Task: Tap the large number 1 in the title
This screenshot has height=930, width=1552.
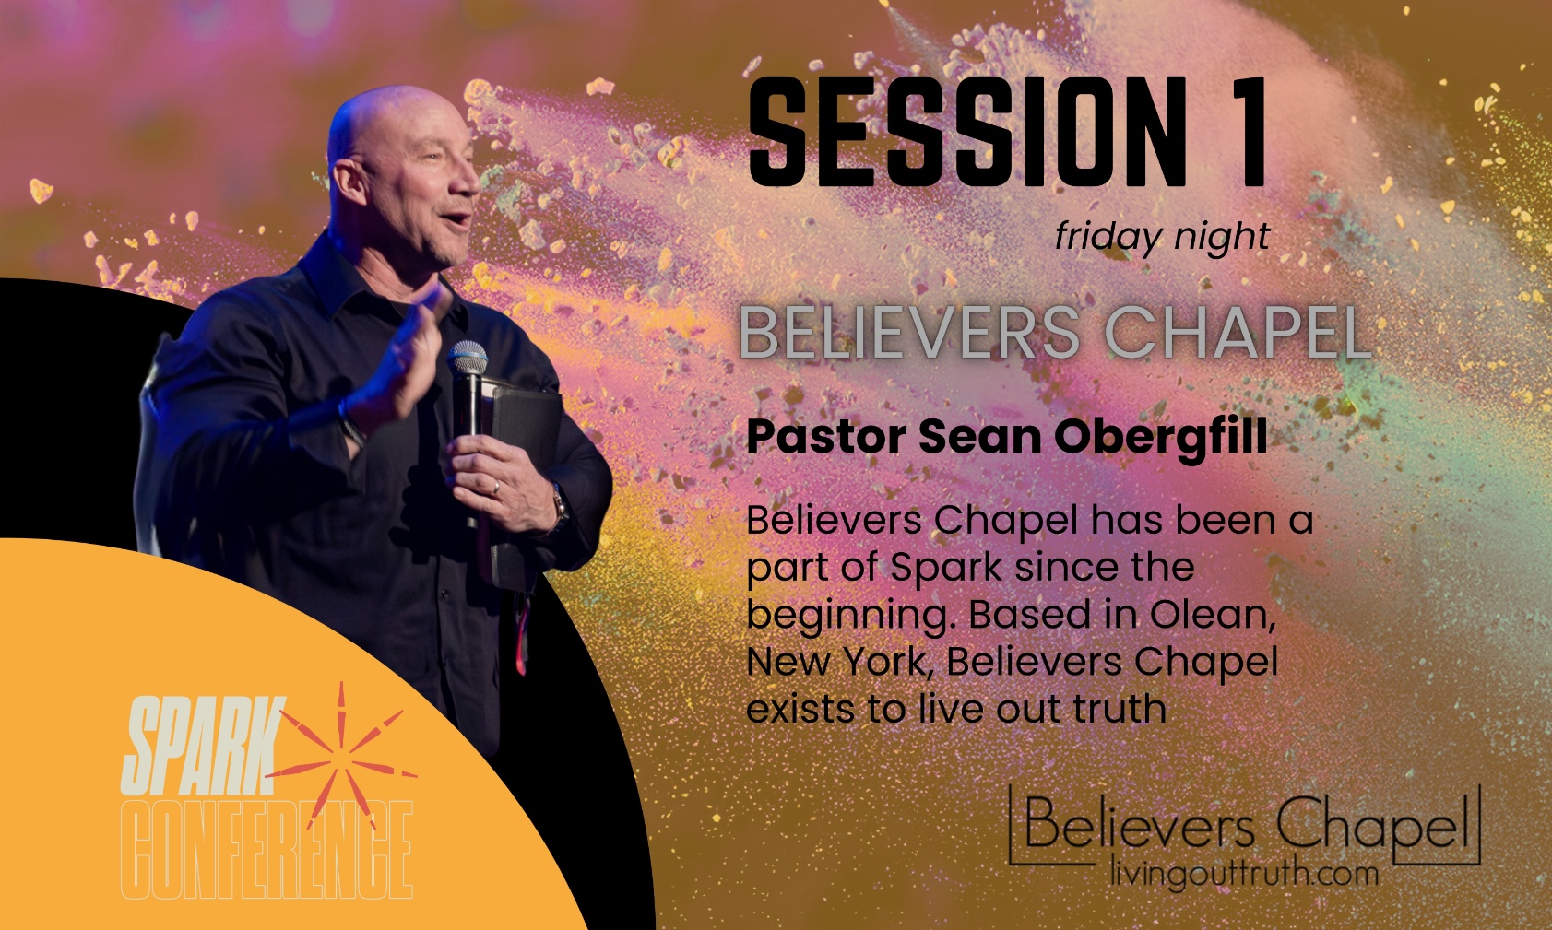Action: click(1244, 132)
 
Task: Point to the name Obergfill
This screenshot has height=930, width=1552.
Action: click(1161, 437)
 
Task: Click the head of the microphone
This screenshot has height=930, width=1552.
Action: click(468, 359)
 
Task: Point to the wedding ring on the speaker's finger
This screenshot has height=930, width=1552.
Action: click(495, 488)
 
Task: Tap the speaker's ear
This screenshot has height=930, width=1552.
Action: click(349, 182)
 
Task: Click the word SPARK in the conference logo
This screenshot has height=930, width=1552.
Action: click(202, 746)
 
